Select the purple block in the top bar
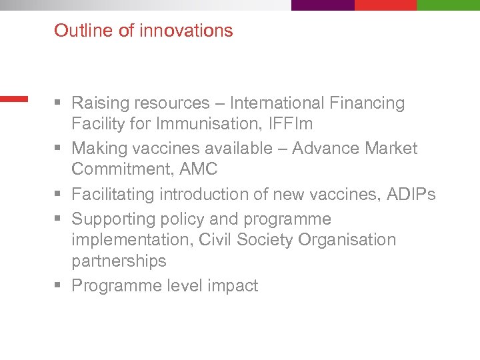point(323,5)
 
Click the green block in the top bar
point(448,5)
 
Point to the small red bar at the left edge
point(13,99)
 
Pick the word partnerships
point(119,261)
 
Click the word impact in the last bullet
point(233,286)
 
